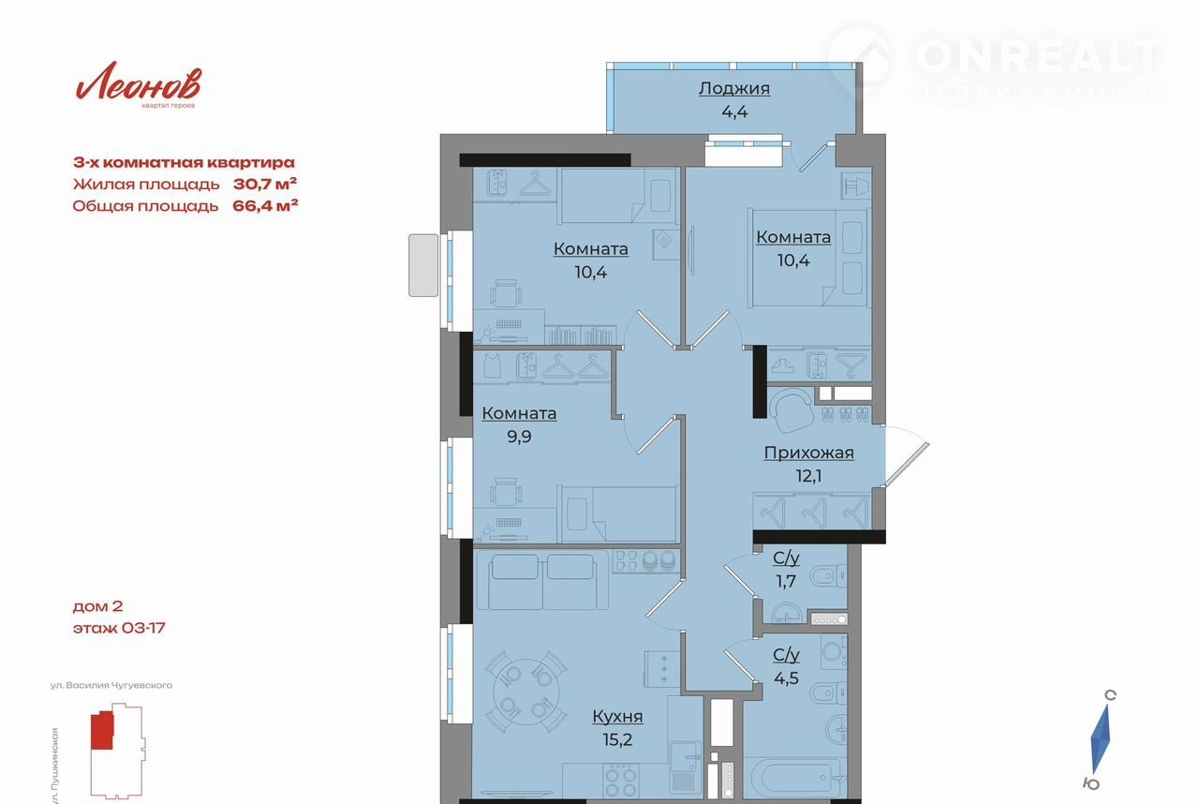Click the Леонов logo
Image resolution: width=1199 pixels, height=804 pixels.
click(138, 84)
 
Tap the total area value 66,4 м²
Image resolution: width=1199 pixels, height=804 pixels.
click(265, 205)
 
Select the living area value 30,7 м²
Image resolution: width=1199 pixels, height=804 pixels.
click(265, 185)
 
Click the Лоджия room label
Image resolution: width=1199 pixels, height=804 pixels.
click(734, 88)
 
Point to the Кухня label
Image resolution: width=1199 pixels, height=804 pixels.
click(617, 716)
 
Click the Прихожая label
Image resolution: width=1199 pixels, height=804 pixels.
click(808, 453)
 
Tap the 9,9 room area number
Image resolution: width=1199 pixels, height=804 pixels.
click(519, 437)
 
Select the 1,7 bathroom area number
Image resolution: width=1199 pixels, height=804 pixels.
click(786, 581)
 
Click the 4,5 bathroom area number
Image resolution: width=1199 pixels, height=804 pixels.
click(786, 677)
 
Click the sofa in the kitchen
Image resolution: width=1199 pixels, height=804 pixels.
click(541, 581)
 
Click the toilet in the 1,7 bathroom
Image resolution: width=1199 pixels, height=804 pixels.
click(829, 576)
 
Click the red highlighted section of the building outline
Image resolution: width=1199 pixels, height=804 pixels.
click(102, 730)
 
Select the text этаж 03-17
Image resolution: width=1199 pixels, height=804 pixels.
click(119, 628)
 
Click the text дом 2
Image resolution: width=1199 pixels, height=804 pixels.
click(98, 606)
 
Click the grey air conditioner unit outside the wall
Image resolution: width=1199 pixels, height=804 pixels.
click(423, 265)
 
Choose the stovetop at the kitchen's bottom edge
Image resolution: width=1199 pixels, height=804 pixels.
click(621, 782)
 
